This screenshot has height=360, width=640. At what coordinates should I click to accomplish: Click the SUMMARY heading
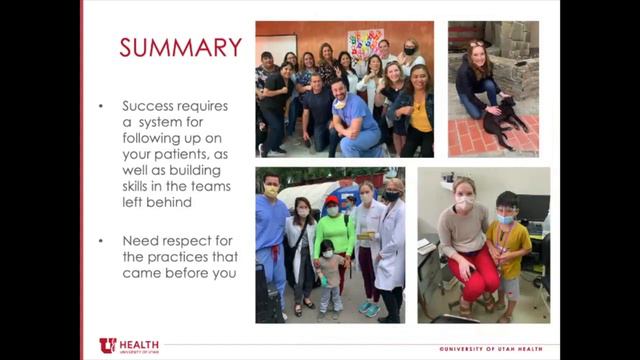180,47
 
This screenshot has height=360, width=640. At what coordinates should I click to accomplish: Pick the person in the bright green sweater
335,240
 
